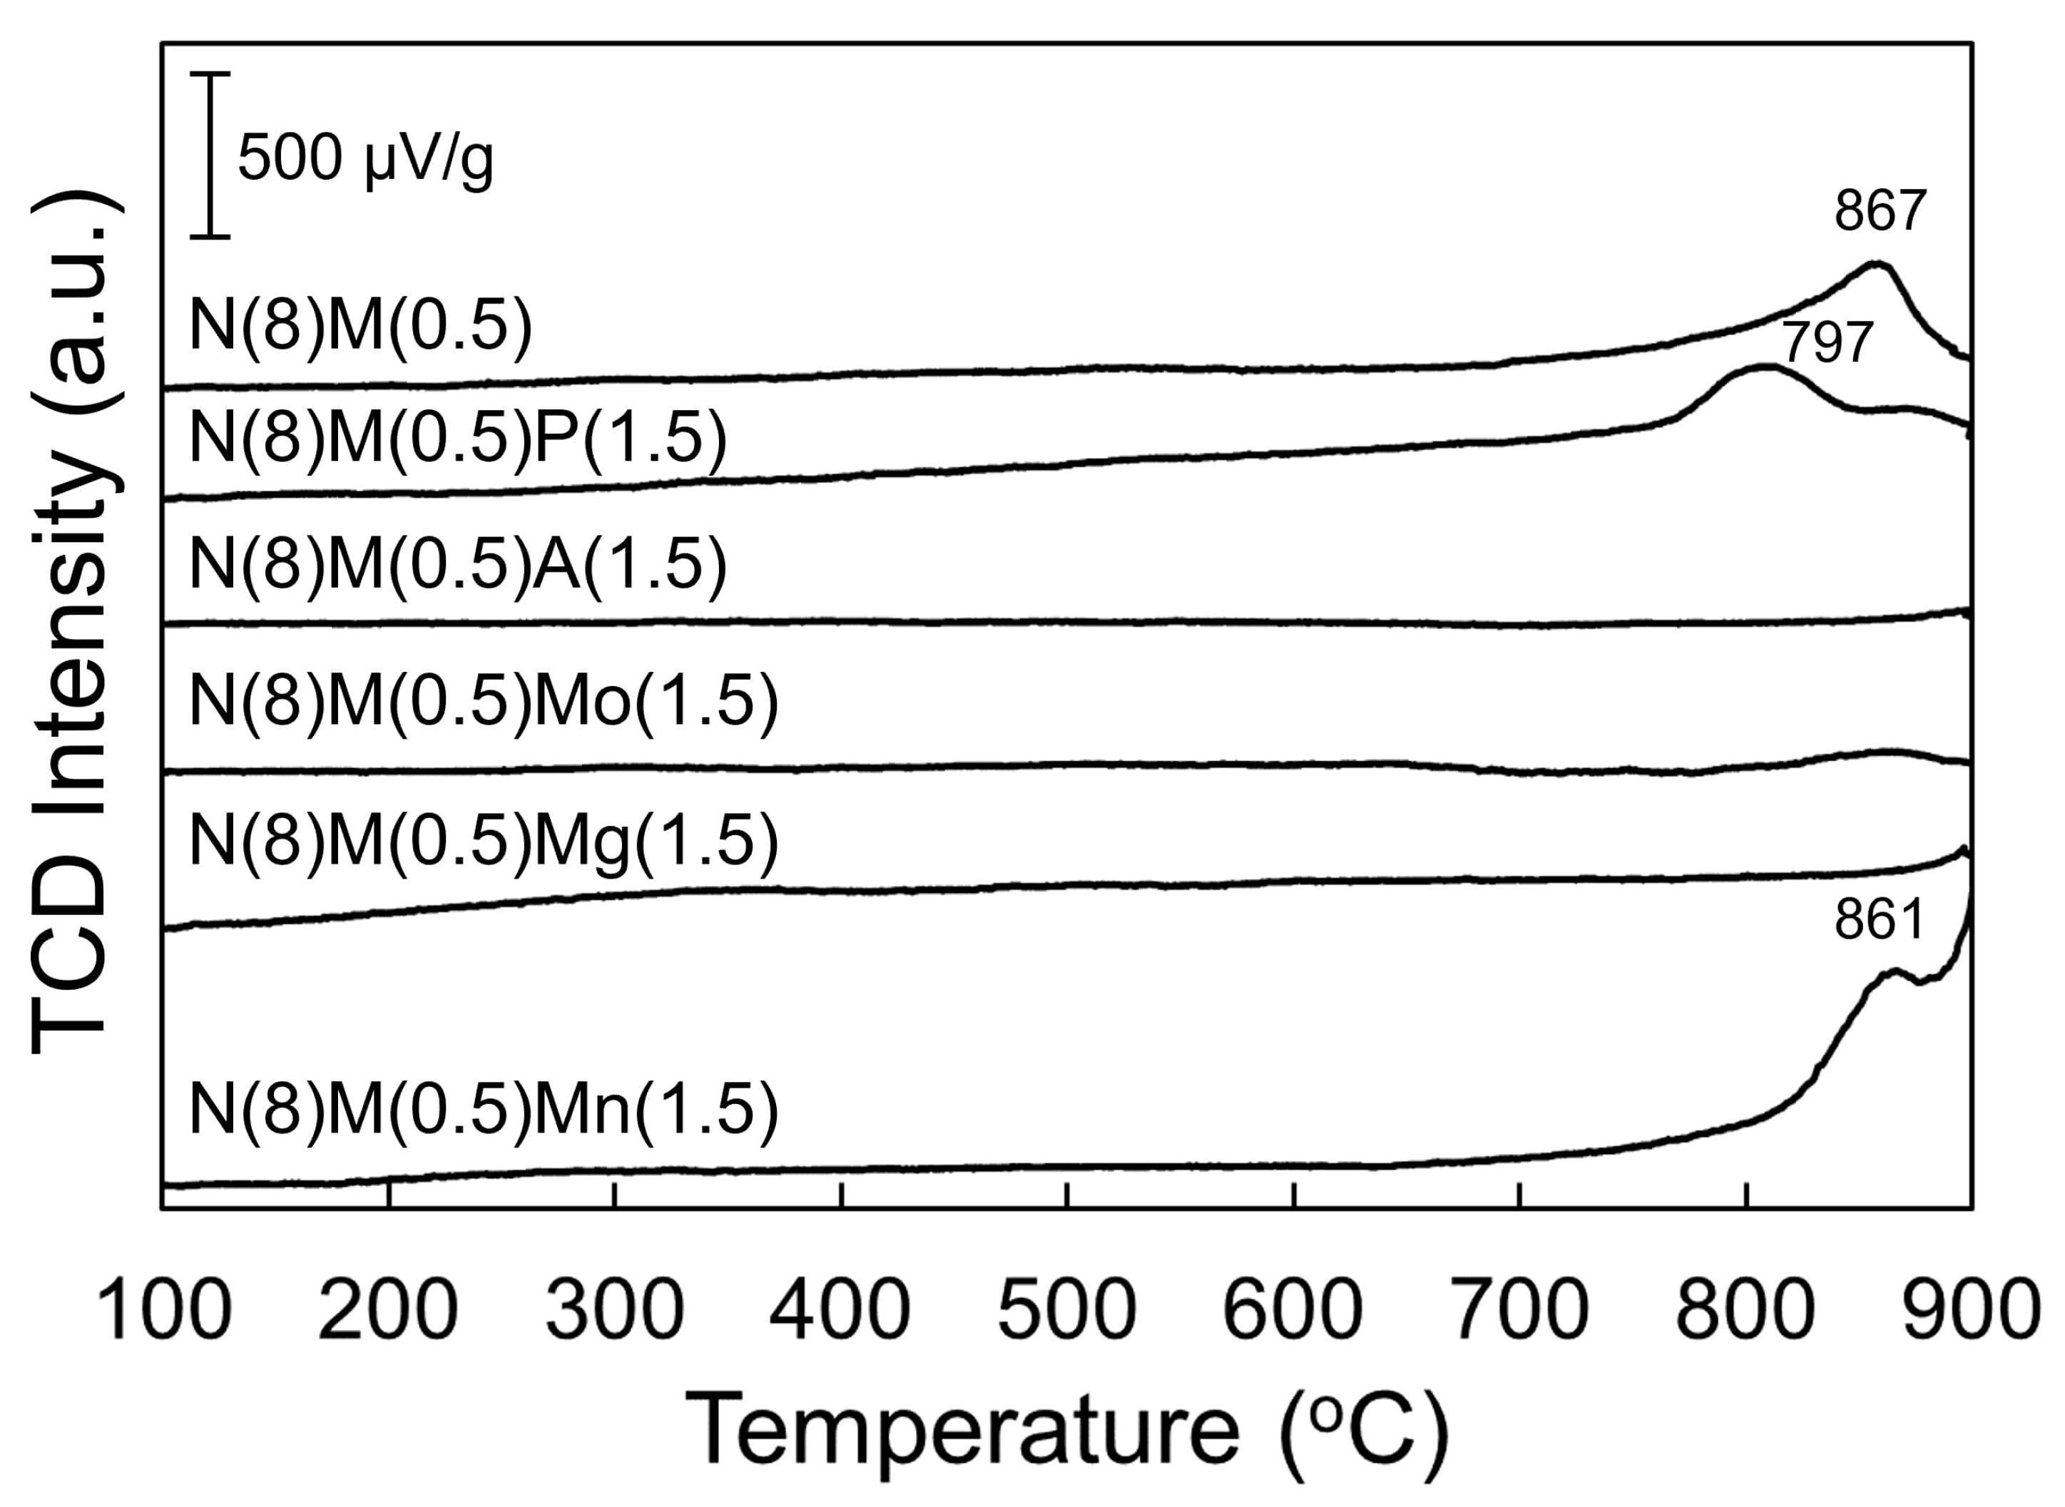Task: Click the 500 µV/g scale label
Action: tap(364, 159)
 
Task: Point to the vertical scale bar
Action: tap(210, 155)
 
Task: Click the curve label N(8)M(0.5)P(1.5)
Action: tap(458, 437)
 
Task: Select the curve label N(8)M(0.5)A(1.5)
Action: tap(458, 563)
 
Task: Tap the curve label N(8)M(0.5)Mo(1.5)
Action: tap(484, 702)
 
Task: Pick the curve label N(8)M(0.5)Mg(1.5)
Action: tap(484, 840)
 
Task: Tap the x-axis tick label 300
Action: tap(615, 1310)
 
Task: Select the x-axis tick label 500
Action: tap(1067, 1310)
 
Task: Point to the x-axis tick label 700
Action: tap(1519, 1310)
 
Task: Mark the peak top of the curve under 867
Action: tap(1876, 265)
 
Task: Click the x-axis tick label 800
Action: tap(1745, 1310)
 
